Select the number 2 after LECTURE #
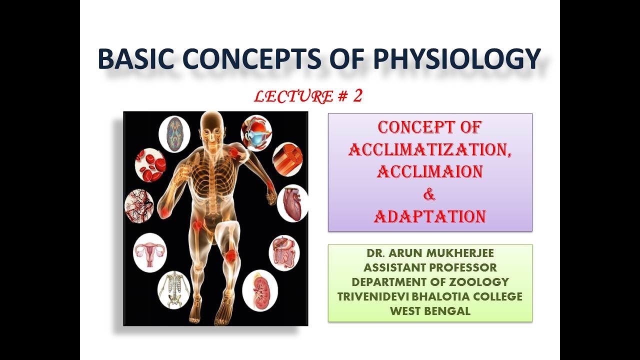click(x=357, y=96)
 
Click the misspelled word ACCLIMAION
click(x=429, y=171)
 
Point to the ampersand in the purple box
click(x=429, y=195)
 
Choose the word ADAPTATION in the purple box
click(x=429, y=216)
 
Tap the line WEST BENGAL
click(x=429, y=310)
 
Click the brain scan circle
click(x=174, y=134)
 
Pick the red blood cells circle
click(x=150, y=165)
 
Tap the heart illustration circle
click(x=292, y=202)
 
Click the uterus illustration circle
click(x=149, y=251)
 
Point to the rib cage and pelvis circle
click(x=174, y=289)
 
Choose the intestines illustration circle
click(x=284, y=253)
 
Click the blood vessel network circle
click(x=138, y=206)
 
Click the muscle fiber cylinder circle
click(x=287, y=159)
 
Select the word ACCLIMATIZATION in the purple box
click(x=429, y=149)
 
